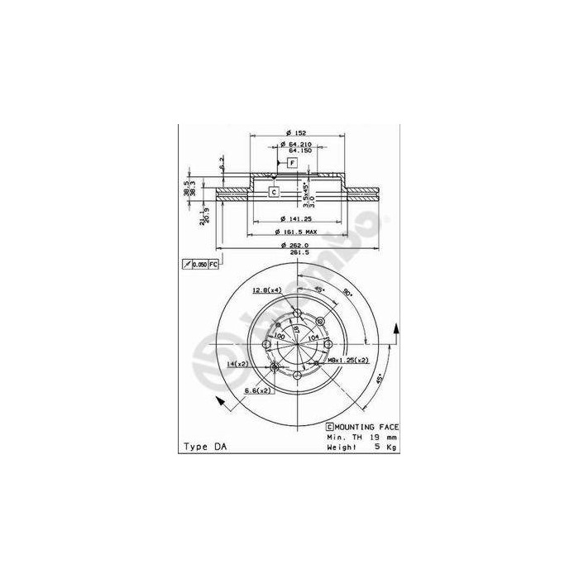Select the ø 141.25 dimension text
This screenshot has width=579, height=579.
pos(294,219)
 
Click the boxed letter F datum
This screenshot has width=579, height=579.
pos(291,164)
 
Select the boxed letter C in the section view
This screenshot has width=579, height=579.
pos(273,192)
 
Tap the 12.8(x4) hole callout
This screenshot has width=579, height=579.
pos(266,289)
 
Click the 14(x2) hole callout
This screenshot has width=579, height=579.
pos(241,363)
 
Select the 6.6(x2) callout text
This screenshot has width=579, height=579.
pos(258,389)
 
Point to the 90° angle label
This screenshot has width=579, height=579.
pos(348,293)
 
